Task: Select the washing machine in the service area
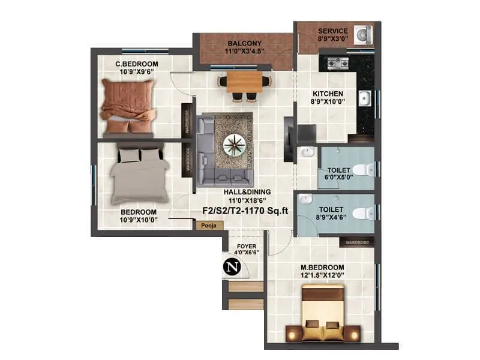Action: pyautogui.click(x=363, y=35)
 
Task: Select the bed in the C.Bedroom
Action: pyautogui.click(x=128, y=106)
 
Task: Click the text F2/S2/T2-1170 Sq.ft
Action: pyautogui.click(x=244, y=211)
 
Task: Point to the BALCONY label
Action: pyautogui.click(x=244, y=43)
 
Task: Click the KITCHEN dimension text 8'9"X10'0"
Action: pyautogui.click(x=328, y=103)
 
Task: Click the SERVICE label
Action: pyautogui.click(x=332, y=31)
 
